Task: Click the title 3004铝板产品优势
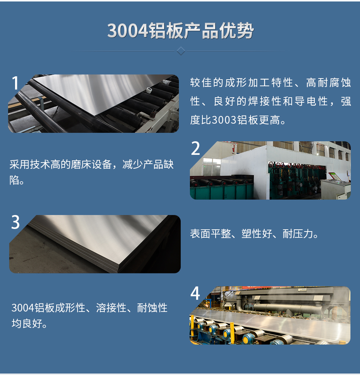(x=180, y=31)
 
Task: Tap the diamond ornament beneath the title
(x=181, y=51)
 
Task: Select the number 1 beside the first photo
(x=15, y=84)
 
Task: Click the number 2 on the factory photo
(x=196, y=149)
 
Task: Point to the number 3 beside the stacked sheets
(x=15, y=222)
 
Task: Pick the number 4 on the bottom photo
(x=195, y=294)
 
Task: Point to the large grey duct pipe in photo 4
(x=283, y=308)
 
